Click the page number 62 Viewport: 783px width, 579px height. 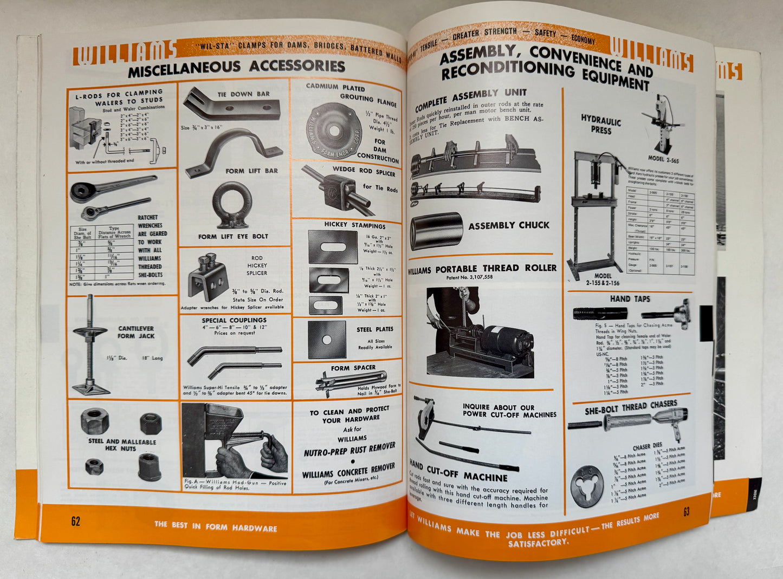[x=75, y=521]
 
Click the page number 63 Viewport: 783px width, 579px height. [x=686, y=512]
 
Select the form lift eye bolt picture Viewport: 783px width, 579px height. [x=231, y=205]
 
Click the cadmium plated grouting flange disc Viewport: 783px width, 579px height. [x=333, y=130]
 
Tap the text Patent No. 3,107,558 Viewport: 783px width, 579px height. [x=481, y=277]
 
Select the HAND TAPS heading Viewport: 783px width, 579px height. [x=630, y=298]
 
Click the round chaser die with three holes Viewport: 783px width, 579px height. [x=587, y=485]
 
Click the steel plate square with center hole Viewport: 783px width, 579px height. [x=327, y=340]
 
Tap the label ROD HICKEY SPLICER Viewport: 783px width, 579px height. [x=257, y=265]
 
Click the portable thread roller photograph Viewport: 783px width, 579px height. [x=480, y=333]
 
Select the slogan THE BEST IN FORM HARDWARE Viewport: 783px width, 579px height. [x=215, y=526]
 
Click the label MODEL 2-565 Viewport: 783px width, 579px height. [x=663, y=160]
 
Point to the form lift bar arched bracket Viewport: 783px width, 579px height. [x=228, y=151]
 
